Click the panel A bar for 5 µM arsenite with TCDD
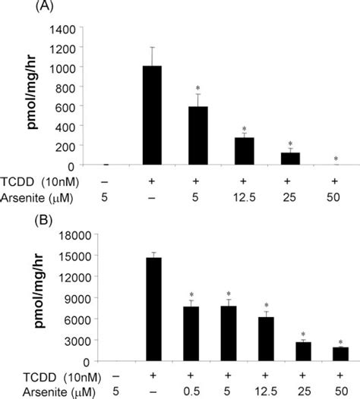click(198, 136)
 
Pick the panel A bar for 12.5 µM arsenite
click(244, 151)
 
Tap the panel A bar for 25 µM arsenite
click(289, 159)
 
